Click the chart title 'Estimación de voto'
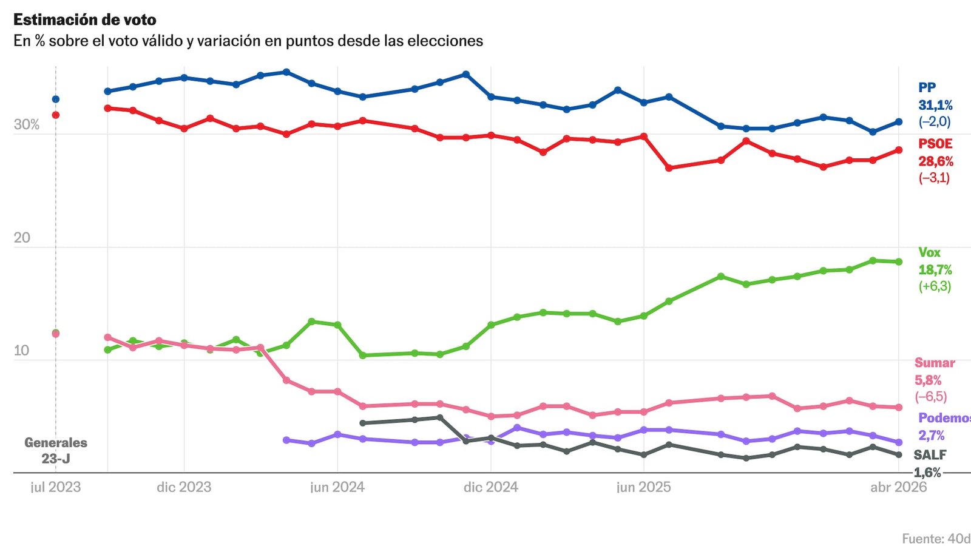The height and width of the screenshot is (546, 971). pos(85,20)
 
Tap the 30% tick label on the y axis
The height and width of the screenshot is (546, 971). pos(26,124)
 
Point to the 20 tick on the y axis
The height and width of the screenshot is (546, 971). pos(22,237)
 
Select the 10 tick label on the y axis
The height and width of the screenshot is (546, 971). pos(21,350)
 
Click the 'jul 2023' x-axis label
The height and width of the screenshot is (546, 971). pos(55,487)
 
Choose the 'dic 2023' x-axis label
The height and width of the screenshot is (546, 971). pos(184,487)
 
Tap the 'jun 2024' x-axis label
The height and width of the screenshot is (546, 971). pos(337,487)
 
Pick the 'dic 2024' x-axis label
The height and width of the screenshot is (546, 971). pos(490,487)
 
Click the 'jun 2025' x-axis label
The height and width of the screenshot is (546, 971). pos(644,487)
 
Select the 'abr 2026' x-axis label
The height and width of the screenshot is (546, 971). pos(898,487)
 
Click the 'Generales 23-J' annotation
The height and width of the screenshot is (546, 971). pos(56,451)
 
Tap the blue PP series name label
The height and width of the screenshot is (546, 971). pos(927,87)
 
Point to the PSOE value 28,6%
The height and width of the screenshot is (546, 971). pos(935,161)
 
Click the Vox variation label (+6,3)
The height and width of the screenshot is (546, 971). pos(935,286)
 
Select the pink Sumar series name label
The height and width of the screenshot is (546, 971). pos(935,363)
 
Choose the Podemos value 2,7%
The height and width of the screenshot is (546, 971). pos(931,436)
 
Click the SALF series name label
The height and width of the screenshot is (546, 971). pos(930,455)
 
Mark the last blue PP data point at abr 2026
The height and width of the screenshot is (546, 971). pos(899,122)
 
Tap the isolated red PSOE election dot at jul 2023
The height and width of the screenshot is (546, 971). pos(56,115)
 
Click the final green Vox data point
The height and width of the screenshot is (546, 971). pos(899,262)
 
